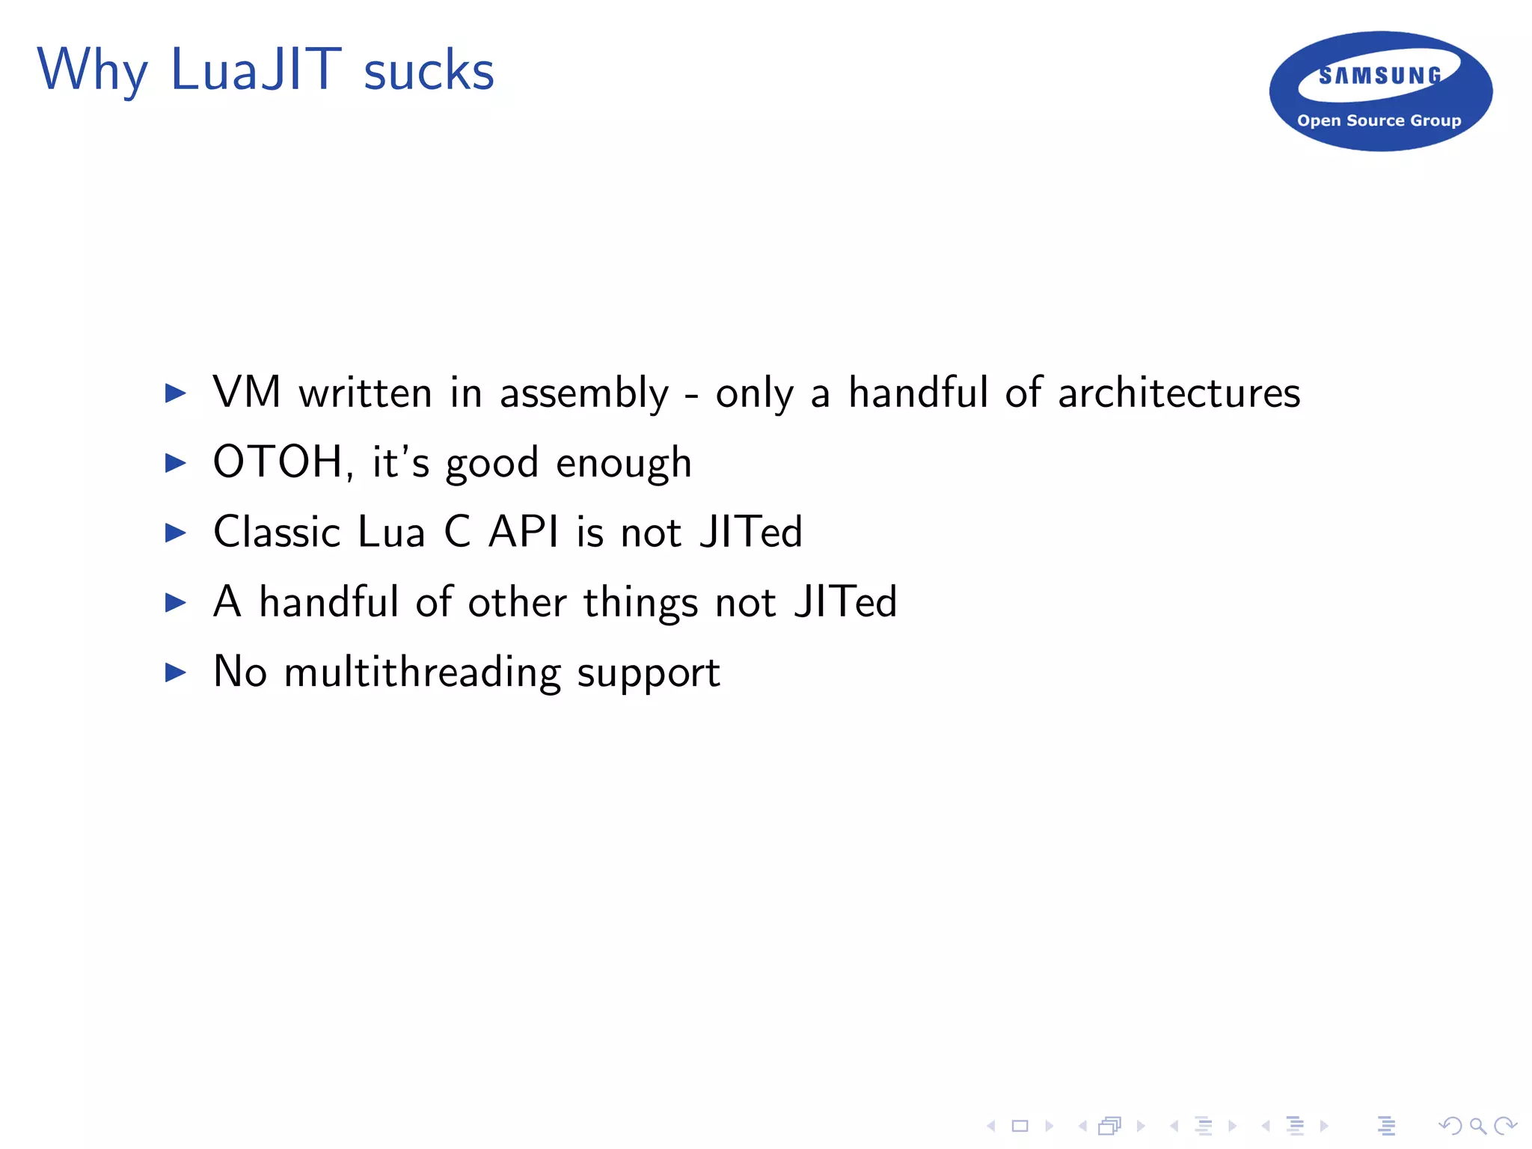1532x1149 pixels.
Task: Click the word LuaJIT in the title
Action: tap(256, 70)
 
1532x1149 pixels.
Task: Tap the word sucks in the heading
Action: tap(429, 72)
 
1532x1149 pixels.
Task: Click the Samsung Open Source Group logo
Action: tap(1380, 91)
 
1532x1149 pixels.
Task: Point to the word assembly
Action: tap(583, 393)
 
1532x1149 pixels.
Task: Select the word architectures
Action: tap(1179, 393)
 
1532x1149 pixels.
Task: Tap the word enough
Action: tap(624, 464)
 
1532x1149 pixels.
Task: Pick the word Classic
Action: tap(277, 532)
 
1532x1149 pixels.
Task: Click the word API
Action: tap(524, 532)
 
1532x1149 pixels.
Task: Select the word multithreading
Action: tap(423, 672)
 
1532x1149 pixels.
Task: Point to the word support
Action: tap(648, 673)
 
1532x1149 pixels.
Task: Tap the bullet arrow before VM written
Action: tap(176, 393)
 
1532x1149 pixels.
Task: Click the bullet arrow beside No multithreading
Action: tap(176, 672)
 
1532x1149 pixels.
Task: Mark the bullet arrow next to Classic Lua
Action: tap(176, 532)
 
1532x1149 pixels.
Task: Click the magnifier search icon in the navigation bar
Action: tap(1477, 1125)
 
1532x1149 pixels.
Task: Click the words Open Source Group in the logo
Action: tap(1379, 120)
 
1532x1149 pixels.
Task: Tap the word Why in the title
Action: tap(92, 70)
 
